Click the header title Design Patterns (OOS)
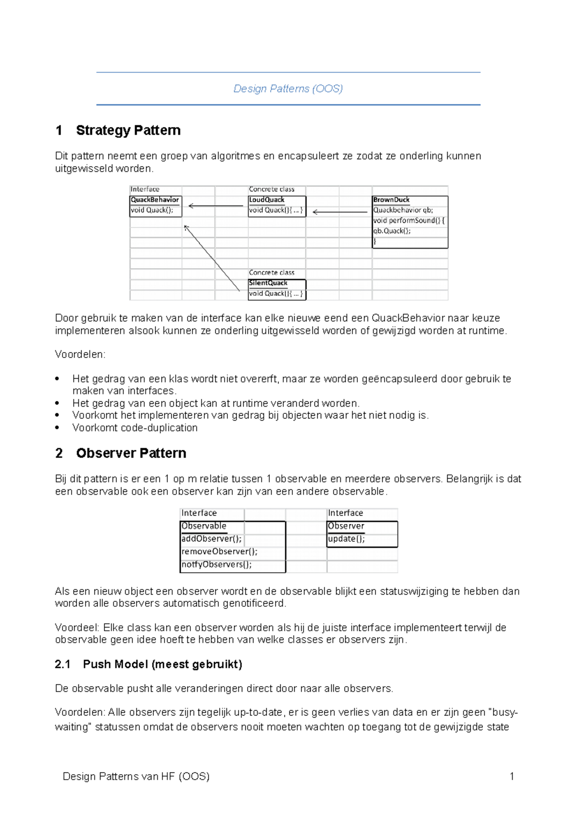[x=288, y=89]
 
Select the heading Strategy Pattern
[x=128, y=130]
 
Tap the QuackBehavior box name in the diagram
[x=154, y=200]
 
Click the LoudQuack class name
[x=266, y=200]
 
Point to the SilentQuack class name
[x=268, y=283]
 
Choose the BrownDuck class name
[x=391, y=200]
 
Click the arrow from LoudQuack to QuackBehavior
[x=216, y=206]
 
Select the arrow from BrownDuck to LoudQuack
[x=340, y=211]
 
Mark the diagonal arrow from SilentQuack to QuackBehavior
[x=212, y=258]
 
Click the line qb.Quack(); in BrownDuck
[x=392, y=231]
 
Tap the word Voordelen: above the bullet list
[x=80, y=355]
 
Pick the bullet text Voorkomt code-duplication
[x=135, y=428]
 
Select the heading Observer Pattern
[x=131, y=453]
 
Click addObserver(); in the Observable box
[x=211, y=539]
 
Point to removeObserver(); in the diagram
[x=219, y=552]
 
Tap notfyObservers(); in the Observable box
[x=216, y=565]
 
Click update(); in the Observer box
[x=346, y=539]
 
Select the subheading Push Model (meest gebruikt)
[x=162, y=664]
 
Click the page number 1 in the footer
[x=512, y=777]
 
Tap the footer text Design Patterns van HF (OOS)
[x=136, y=777]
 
